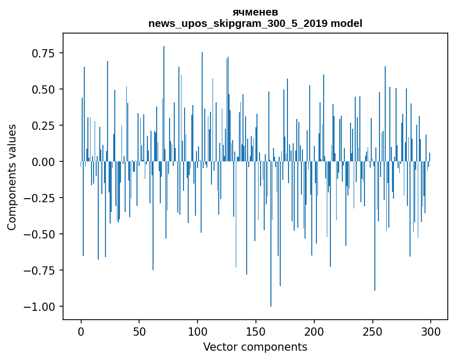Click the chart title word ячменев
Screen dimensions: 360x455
255,12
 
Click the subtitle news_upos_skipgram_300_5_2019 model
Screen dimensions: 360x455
255,23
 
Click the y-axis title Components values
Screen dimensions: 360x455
12,177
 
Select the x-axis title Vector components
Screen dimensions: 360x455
255,347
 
